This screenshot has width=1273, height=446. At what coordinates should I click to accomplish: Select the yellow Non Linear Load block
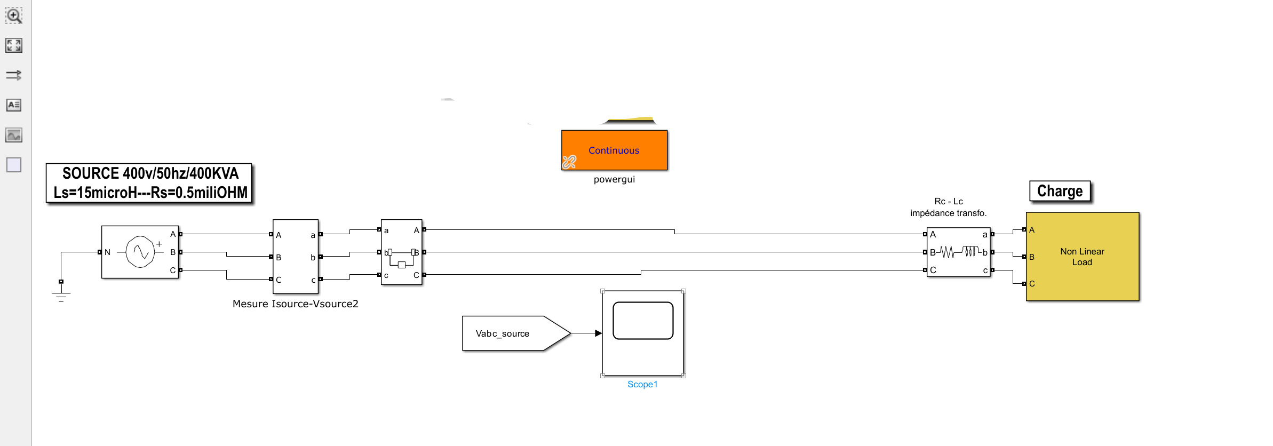1082,257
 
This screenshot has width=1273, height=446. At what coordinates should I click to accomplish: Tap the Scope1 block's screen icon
643,321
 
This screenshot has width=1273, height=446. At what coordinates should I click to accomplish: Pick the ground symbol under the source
61,295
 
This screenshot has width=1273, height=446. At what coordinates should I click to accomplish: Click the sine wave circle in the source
140,252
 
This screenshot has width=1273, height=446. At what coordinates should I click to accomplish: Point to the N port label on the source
107,252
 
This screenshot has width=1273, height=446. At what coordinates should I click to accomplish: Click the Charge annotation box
1060,191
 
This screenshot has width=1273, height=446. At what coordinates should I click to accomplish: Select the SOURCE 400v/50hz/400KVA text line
150,173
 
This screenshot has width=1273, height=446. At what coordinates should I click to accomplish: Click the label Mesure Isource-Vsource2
295,304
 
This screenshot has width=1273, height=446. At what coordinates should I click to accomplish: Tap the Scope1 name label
642,384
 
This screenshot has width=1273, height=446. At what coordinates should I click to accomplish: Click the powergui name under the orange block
614,179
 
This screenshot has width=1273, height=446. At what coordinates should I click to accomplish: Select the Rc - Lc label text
948,201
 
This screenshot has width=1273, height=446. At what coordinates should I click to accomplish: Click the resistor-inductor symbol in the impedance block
958,251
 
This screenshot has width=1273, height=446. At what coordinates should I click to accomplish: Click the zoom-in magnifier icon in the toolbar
14,15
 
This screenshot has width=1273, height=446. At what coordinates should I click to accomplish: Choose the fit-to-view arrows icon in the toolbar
14,45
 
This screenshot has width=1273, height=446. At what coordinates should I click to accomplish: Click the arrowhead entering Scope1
598,333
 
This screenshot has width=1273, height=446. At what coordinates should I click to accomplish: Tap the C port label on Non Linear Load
1032,284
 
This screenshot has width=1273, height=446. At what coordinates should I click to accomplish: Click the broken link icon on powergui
569,162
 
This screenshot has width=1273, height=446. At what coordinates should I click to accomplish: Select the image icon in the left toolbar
14,135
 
